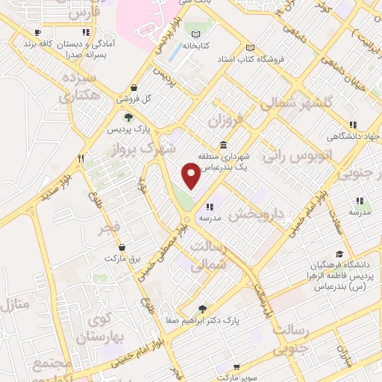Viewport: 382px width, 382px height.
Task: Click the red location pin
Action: pos(191,176)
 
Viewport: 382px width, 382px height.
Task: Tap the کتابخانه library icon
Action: pos(195,34)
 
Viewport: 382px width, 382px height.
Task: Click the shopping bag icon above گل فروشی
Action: pos(134,87)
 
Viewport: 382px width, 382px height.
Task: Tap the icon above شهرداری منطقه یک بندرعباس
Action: pos(223,145)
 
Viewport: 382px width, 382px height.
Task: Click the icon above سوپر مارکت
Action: pos(237,367)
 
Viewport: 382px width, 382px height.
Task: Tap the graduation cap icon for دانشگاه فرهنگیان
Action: pos(339,254)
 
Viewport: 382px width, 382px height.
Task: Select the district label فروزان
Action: pos(226,119)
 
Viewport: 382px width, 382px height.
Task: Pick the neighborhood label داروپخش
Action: pos(257,214)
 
